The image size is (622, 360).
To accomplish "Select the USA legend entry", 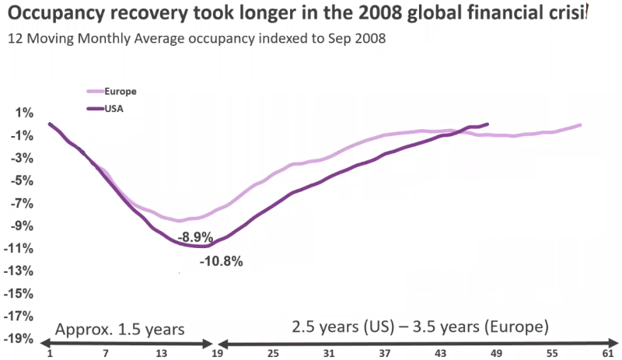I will click(114, 108).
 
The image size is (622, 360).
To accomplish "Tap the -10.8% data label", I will click(222, 261).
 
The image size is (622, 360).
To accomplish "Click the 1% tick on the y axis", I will click(25, 114).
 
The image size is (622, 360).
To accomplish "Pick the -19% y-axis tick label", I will click(22, 339).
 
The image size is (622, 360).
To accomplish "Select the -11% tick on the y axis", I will click(22, 249).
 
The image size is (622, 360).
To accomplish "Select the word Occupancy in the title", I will click(51, 12).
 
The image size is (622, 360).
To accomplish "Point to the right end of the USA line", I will click(487, 124).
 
